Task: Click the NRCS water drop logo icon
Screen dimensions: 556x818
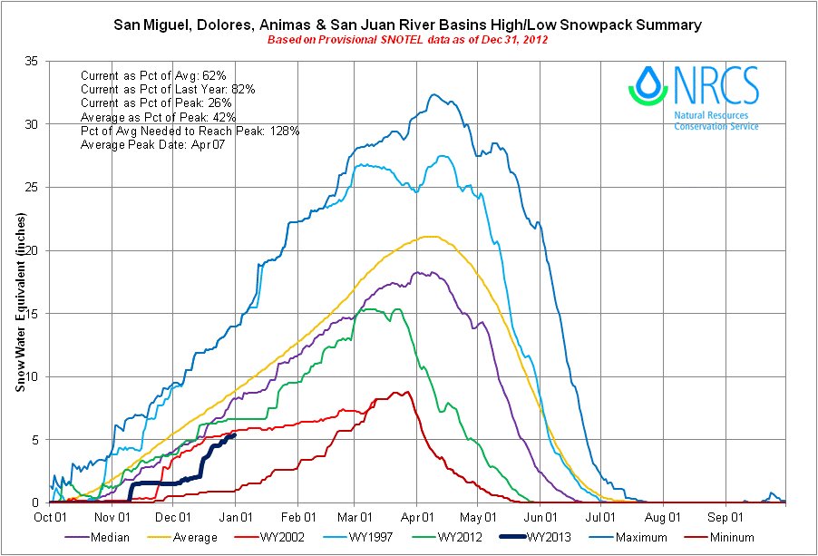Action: click(x=648, y=83)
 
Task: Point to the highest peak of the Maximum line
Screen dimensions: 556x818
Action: click(x=433, y=94)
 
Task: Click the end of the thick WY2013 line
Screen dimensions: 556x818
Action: click(x=235, y=434)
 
